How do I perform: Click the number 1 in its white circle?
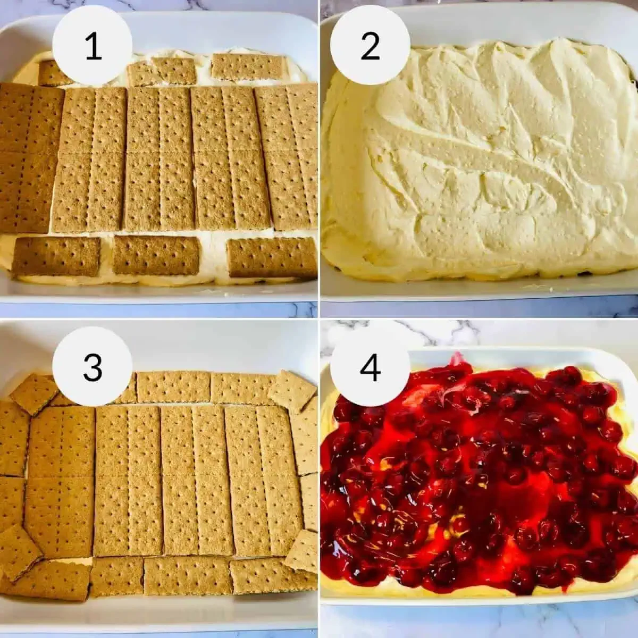pyautogui.click(x=93, y=47)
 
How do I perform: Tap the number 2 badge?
pyautogui.click(x=370, y=47)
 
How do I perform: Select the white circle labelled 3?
pyautogui.click(x=93, y=366)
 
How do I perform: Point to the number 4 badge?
pyautogui.click(x=370, y=366)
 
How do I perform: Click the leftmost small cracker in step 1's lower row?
pyautogui.click(x=56, y=257)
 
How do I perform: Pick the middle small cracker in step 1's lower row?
pyautogui.click(x=156, y=255)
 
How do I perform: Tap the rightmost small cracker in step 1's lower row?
pyautogui.click(x=272, y=257)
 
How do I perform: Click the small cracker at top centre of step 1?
pyautogui.click(x=162, y=72)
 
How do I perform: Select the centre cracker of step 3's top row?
pyautogui.click(x=173, y=387)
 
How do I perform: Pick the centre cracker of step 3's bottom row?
pyautogui.click(x=187, y=575)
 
